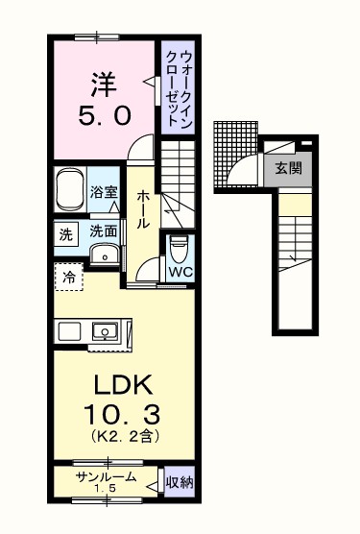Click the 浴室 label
pyautogui.click(x=104, y=192)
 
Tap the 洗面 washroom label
pyautogui.click(x=104, y=231)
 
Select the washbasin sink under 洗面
pyautogui.click(x=103, y=254)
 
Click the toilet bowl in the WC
pyautogui.click(x=178, y=249)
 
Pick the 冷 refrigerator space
pyautogui.click(x=68, y=278)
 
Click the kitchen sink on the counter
pyautogui.click(x=104, y=331)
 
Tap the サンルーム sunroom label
pyautogui.click(x=104, y=478)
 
